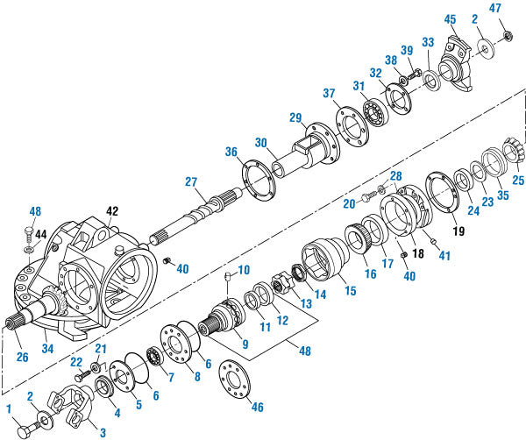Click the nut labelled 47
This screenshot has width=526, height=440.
508,36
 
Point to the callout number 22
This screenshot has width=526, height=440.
76,362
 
